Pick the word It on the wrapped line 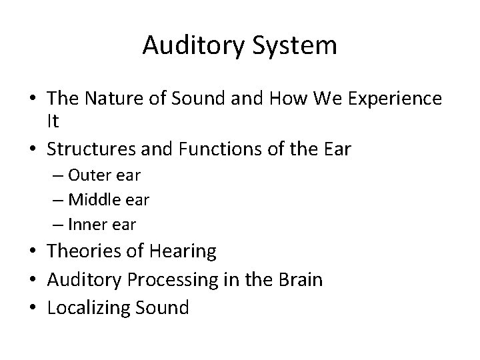pos(53,121)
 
